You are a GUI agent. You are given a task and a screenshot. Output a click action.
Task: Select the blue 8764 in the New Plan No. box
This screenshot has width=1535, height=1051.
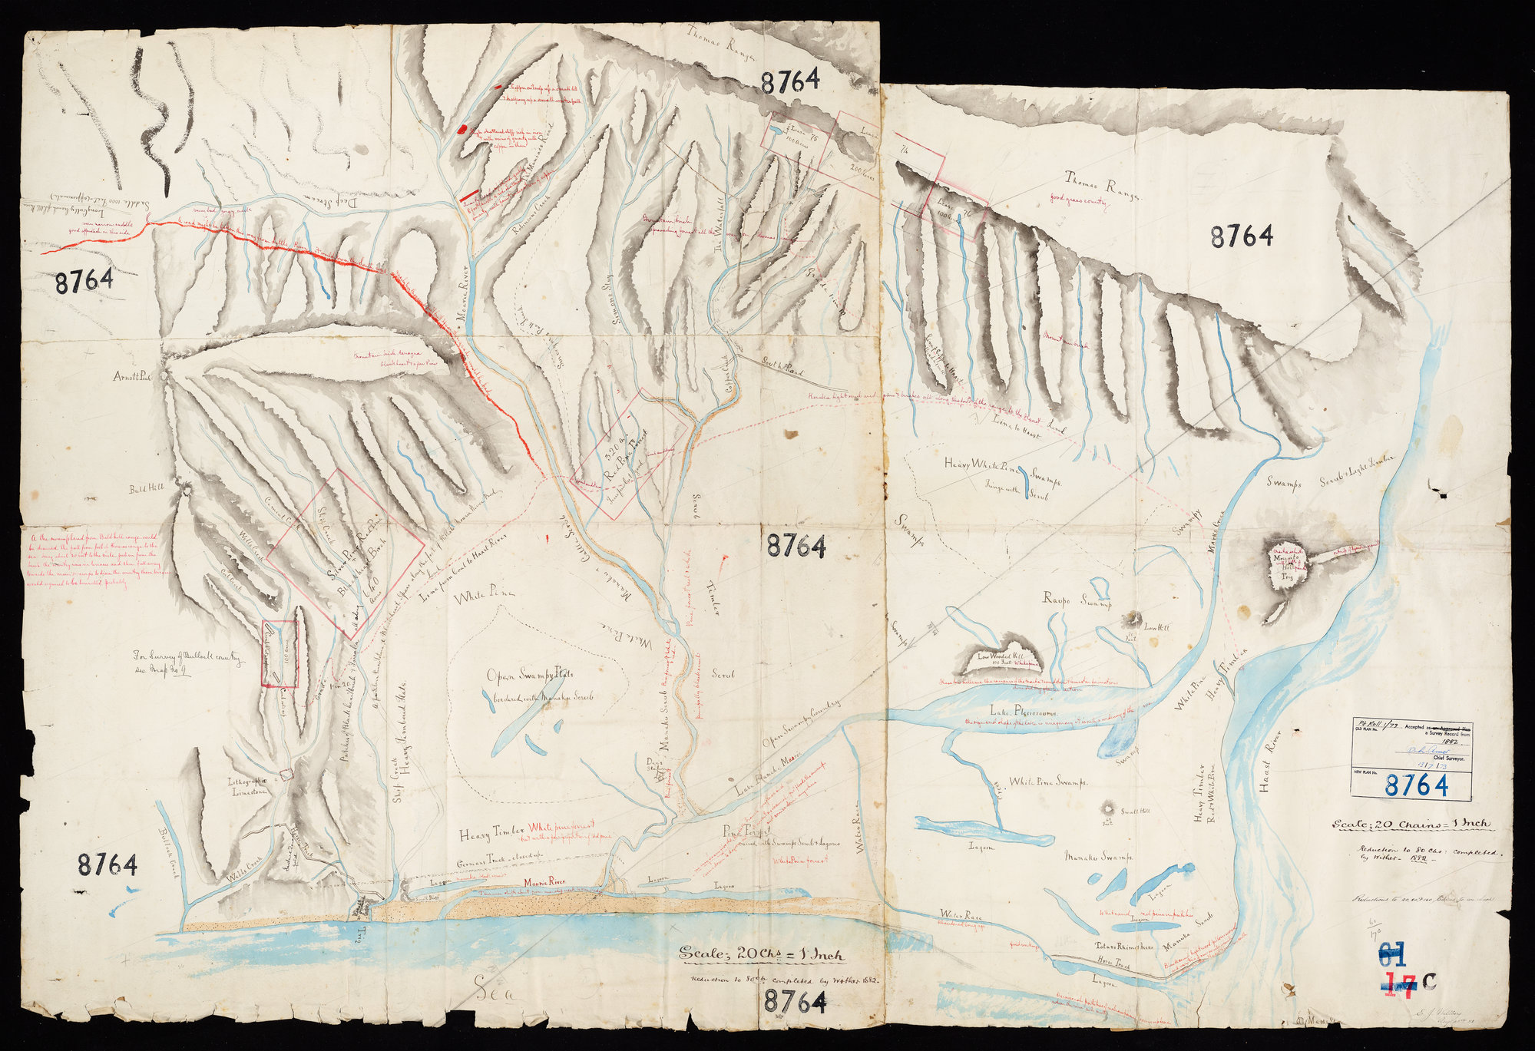1417,785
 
